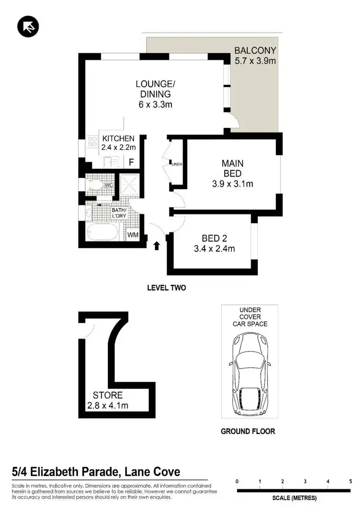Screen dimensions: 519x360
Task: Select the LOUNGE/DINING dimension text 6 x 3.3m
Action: [154, 104]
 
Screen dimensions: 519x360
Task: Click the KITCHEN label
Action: [119, 139]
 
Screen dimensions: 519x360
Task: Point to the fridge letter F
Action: [131, 162]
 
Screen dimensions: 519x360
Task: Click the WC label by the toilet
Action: [109, 185]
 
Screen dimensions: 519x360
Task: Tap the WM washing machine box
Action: [133, 235]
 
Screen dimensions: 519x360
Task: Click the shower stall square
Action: [129, 183]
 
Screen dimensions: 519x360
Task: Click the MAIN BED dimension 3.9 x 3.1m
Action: [232, 183]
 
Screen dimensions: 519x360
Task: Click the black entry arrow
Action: [157, 246]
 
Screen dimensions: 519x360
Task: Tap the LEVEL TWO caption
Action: [166, 288]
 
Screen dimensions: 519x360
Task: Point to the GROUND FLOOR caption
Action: [248, 431]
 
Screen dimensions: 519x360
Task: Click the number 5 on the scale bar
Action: [350, 481]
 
